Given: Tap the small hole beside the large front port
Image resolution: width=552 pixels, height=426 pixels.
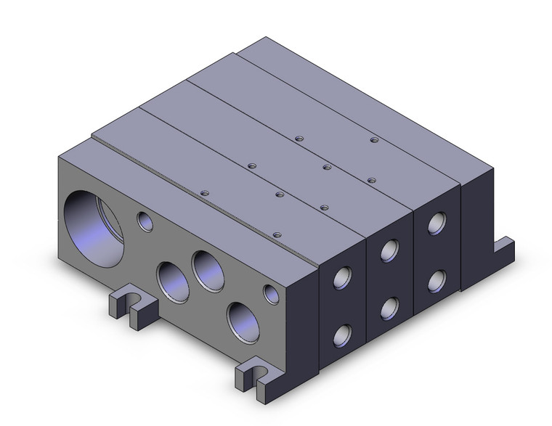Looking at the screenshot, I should (x=146, y=221).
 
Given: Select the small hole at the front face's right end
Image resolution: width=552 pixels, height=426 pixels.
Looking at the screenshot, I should (x=271, y=294).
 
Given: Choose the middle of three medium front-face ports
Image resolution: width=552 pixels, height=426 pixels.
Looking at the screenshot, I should (x=206, y=268).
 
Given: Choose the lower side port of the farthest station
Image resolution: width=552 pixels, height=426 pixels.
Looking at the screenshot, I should (x=437, y=279).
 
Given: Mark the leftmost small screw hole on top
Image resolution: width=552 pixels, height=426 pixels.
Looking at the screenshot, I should (x=204, y=193).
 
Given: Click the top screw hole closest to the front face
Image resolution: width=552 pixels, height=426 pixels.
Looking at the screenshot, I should (x=277, y=234).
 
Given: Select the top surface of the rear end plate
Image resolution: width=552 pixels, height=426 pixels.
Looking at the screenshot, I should (x=349, y=87).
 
